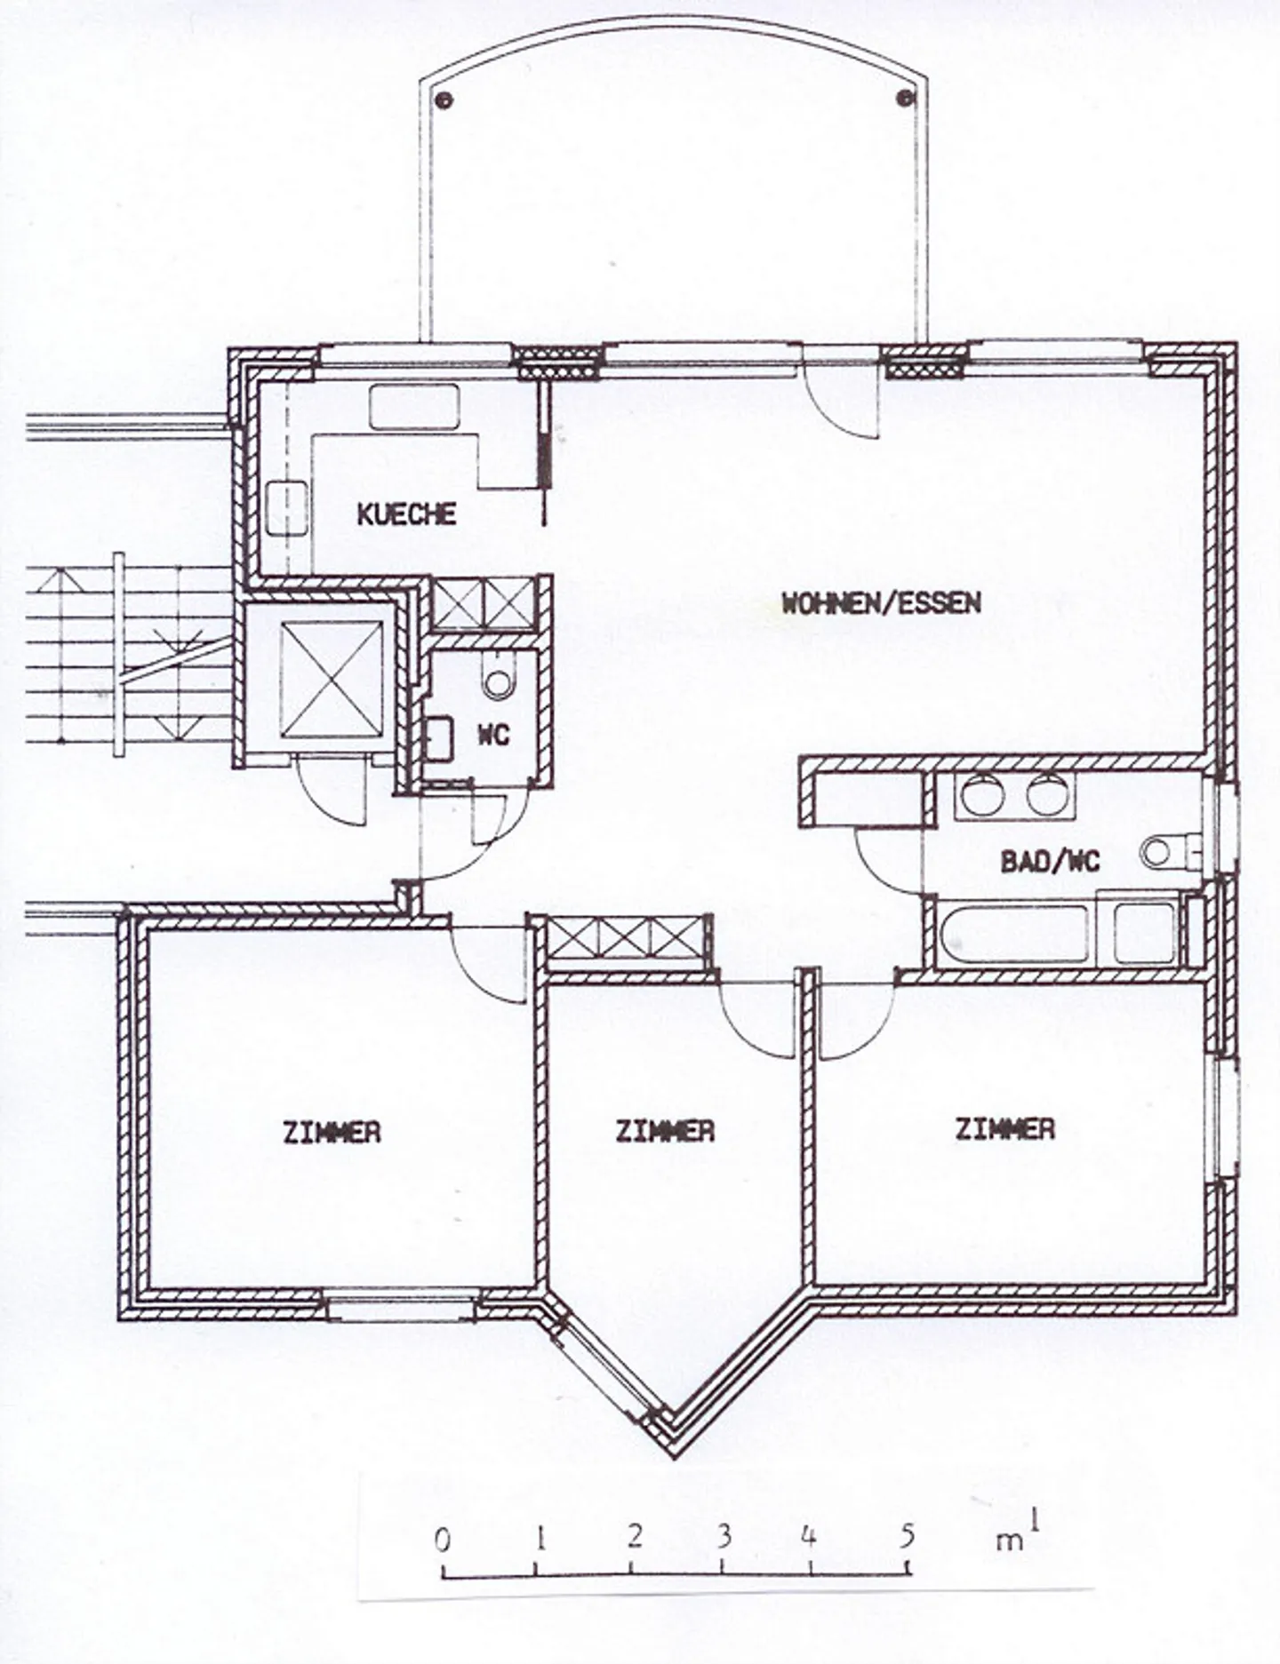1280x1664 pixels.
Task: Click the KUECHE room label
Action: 406,514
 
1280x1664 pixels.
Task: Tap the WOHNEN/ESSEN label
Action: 881,603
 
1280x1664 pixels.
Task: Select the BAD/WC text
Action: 1050,861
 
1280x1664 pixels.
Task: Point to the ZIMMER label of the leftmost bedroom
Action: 332,1133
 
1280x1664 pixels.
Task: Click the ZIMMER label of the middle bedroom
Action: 665,1130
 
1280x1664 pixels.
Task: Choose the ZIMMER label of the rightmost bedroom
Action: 1005,1128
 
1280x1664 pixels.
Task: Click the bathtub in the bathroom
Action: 1012,934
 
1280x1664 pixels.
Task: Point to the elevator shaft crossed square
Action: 331,679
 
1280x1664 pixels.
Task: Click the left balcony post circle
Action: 444,100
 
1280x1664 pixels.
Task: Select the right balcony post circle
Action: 906,97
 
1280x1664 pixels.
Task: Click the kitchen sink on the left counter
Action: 286,508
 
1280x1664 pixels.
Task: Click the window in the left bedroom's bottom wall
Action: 400,1306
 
